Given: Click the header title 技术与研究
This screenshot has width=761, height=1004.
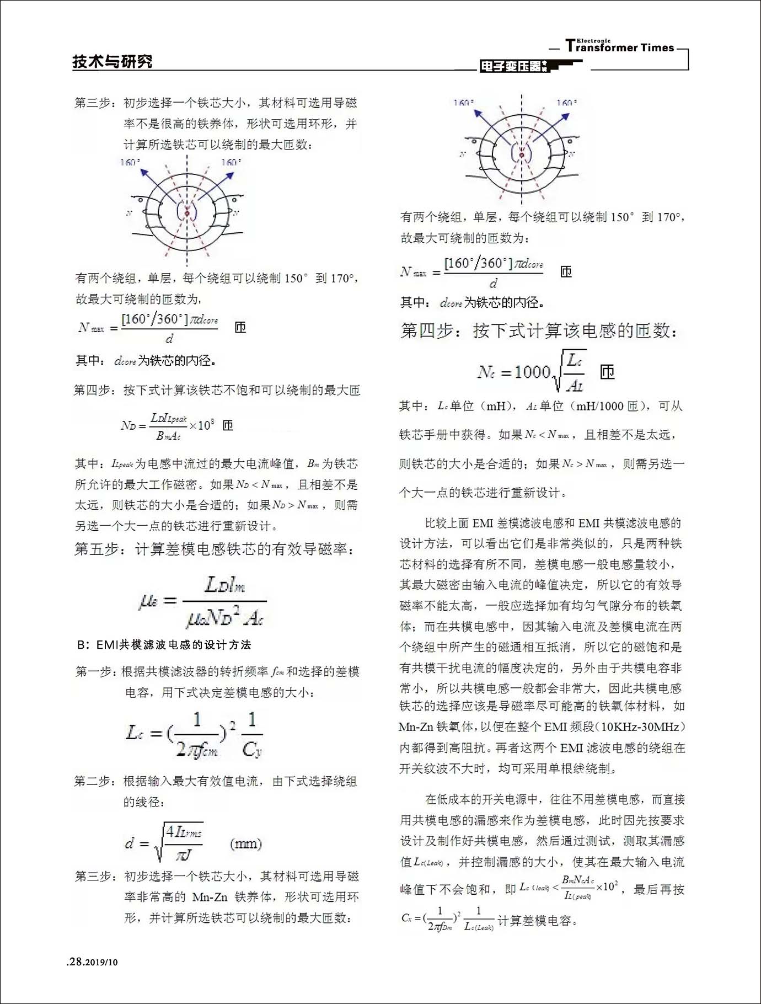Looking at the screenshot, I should [112, 62].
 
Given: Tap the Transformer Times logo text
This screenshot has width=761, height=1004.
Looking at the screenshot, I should [620, 47].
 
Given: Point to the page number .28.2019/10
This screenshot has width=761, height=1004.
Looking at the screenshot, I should [92, 962].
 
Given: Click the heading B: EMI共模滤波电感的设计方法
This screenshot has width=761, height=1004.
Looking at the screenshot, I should [164, 644].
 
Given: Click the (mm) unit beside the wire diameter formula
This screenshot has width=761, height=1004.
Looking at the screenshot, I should [246, 843].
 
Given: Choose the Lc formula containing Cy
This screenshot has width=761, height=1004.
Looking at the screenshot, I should [194, 734].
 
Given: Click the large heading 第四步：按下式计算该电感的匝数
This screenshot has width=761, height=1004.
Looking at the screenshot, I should [539, 330].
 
